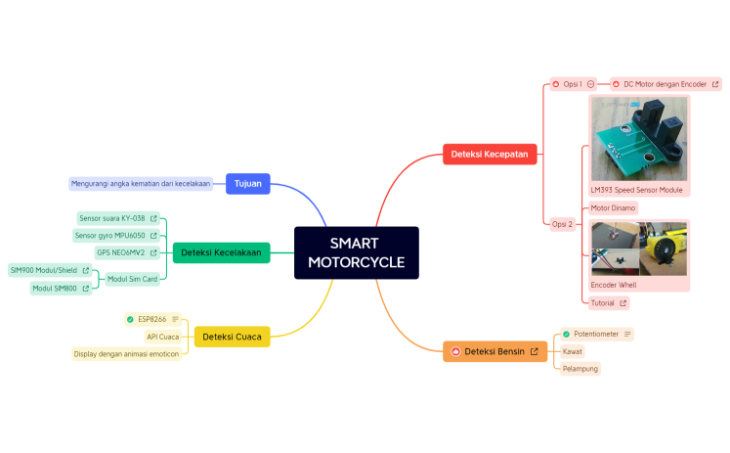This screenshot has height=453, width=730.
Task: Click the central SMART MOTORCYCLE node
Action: click(356, 252)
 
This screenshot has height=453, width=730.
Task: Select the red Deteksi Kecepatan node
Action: click(489, 154)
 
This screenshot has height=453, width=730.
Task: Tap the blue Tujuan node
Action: click(247, 183)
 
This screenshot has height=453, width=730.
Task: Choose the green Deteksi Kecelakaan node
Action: click(221, 252)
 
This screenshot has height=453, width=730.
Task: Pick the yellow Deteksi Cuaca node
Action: click(232, 337)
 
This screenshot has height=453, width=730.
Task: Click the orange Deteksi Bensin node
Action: click(494, 351)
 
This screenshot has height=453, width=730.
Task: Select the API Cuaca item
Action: click(162, 337)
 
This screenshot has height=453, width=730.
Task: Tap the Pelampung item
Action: click(580, 369)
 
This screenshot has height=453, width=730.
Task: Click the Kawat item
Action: click(573, 351)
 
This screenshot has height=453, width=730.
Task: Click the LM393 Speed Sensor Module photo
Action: click(639, 138)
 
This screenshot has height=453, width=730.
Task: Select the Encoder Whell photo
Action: click(639, 249)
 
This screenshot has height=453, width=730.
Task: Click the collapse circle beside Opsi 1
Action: click(591, 84)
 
